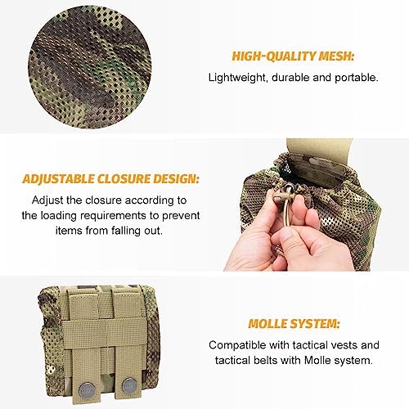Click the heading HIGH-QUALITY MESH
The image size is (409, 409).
(x=293, y=56)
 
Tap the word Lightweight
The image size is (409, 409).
(x=236, y=78)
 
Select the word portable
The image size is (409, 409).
(x=357, y=78)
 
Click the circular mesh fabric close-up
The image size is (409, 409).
(x=90, y=67)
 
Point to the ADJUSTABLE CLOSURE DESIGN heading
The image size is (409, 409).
(x=110, y=179)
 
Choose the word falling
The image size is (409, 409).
(x=126, y=231)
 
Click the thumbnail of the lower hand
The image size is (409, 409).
(x=287, y=235)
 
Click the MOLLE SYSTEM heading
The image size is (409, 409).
(x=294, y=324)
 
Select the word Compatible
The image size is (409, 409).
(x=238, y=345)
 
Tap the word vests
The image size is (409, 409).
(x=344, y=345)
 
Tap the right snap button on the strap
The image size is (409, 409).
(x=128, y=387)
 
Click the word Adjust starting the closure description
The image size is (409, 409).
(x=47, y=200)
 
